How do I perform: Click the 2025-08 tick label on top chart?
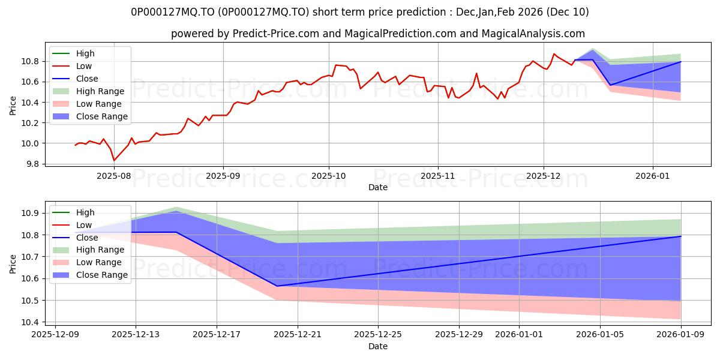pyautogui.click(x=113, y=176)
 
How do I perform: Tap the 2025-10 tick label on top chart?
pyautogui.click(x=329, y=176)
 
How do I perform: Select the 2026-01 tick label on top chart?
pyautogui.click(x=653, y=176)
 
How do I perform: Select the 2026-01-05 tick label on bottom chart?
pyautogui.click(x=600, y=335)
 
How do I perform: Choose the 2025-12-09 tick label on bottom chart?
pyautogui.click(x=55, y=335)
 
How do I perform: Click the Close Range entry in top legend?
pyautogui.click(x=102, y=116)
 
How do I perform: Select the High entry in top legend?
pyautogui.click(x=85, y=53)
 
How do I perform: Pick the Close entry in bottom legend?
pyautogui.click(x=87, y=238)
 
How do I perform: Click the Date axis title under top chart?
pyautogui.click(x=378, y=187)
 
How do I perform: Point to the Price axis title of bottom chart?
pyautogui.click(x=13, y=263)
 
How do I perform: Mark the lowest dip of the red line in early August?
pyautogui.click(x=114, y=160)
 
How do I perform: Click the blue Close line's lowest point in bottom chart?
pyautogui.click(x=277, y=286)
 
